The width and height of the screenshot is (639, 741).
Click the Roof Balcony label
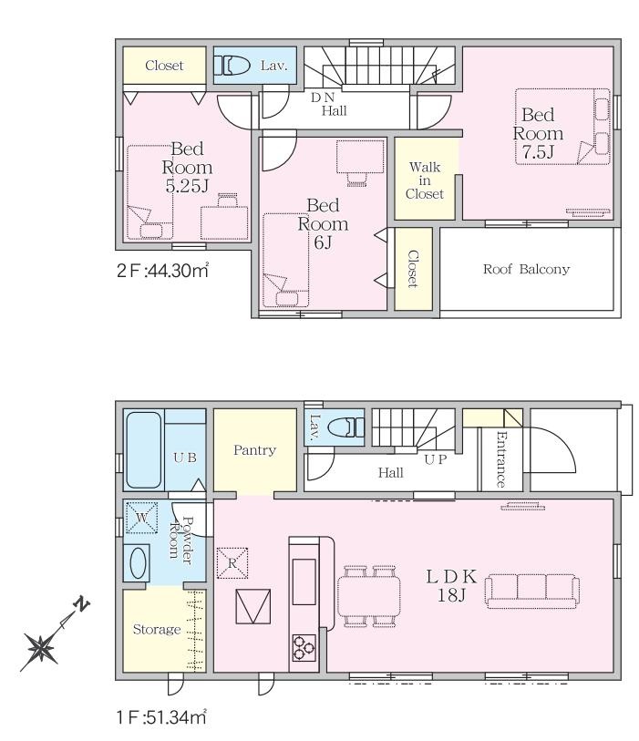click(526, 270)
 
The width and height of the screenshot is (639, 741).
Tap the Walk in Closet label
click(425, 180)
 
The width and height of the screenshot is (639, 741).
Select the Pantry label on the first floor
click(254, 450)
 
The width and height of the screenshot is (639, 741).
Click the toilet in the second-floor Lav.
click(232, 66)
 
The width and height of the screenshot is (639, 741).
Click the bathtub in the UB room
click(144, 450)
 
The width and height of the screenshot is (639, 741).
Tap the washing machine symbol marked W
click(141, 518)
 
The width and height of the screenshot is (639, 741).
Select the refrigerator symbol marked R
click(232, 563)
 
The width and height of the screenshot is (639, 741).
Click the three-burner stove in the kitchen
click(304, 647)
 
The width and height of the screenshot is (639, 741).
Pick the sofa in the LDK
click(532, 591)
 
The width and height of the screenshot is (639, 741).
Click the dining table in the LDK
click(368, 596)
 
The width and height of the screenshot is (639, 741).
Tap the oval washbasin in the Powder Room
click(138, 562)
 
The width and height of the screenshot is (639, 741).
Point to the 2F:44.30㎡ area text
click(163, 271)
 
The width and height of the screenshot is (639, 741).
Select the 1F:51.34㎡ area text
click(161, 717)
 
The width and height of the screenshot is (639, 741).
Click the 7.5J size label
click(538, 152)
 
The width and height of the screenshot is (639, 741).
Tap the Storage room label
click(157, 630)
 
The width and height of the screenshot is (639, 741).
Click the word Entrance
click(501, 459)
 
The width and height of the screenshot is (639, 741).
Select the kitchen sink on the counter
click(304, 581)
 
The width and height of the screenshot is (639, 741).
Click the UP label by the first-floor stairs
click(436, 459)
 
